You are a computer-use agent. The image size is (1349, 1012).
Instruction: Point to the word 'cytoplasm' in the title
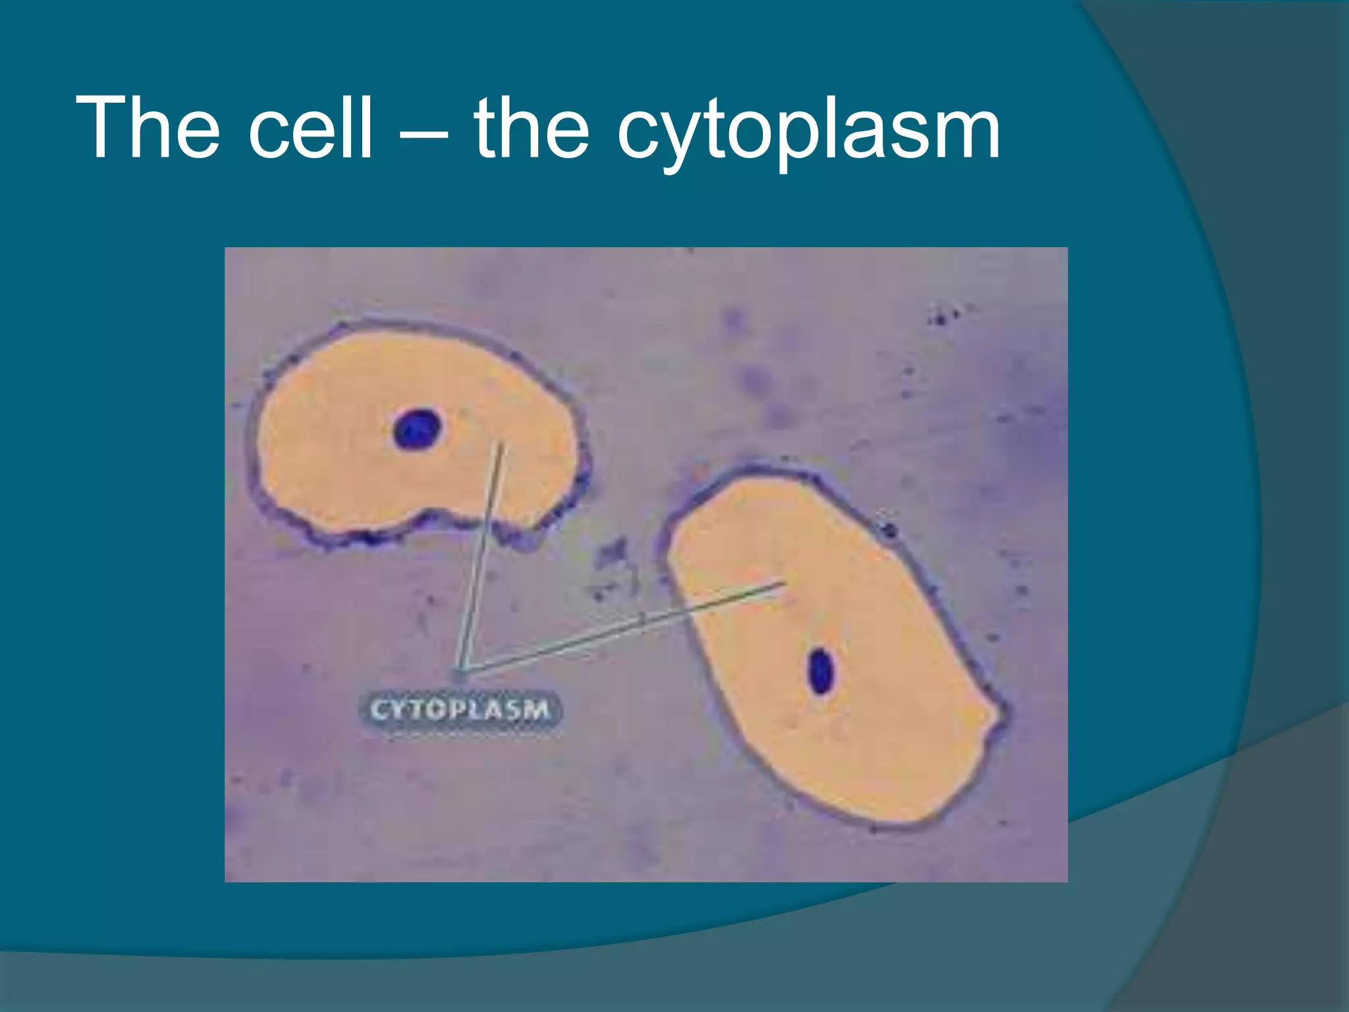(x=808, y=132)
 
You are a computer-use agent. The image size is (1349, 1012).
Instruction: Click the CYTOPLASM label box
(x=460, y=711)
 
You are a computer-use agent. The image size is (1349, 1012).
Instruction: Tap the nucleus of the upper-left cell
(x=416, y=429)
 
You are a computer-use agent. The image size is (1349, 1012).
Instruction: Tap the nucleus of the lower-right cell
(x=820, y=671)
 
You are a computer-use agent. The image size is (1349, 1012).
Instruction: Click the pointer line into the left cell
(x=483, y=553)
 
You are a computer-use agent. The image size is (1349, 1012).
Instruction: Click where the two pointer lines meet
(x=463, y=671)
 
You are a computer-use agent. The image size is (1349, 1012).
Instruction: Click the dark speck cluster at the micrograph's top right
(x=945, y=315)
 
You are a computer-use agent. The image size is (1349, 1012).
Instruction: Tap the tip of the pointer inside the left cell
(x=501, y=445)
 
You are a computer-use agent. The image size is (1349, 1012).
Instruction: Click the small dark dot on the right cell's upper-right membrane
(x=889, y=528)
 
